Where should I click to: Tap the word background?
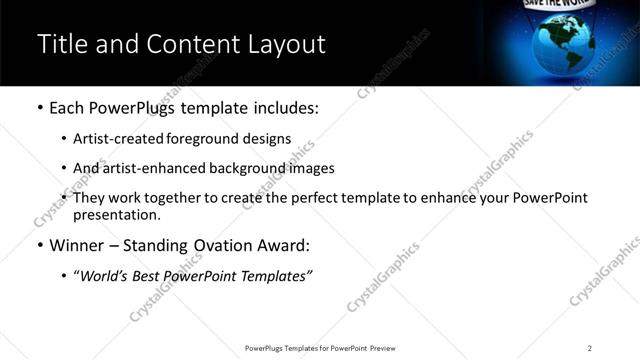(x=243, y=168)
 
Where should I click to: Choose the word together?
(x=181, y=198)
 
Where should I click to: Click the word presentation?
(x=116, y=215)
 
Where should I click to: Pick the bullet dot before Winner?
(x=40, y=246)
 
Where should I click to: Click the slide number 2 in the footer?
(x=590, y=348)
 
